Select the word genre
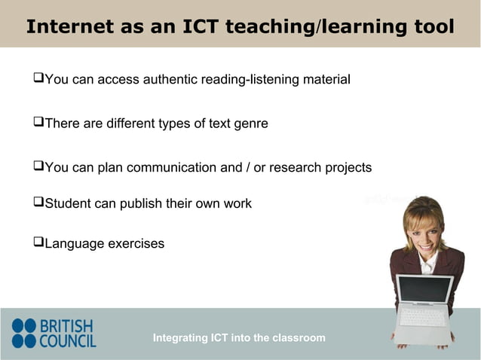click(250, 124)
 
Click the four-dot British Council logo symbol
click(23, 333)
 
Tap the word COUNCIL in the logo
click(68, 341)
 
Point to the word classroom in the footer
click(299, 338)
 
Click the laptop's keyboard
click(422, 317)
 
